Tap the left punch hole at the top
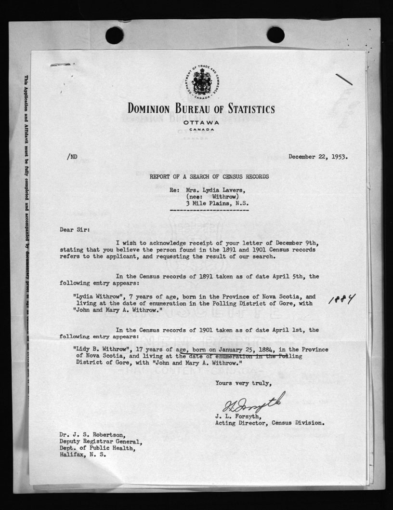[114, 35]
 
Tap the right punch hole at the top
[275, 35]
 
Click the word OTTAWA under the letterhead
[201, 122]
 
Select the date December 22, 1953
[318, 157]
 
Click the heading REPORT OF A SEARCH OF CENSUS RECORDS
[209, 177]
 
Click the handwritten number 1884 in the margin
[341, 300]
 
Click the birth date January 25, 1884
[250, 349]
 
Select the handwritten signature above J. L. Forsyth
[253, 402]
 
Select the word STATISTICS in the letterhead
[246, 109]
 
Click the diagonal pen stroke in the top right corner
[344, 80]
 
